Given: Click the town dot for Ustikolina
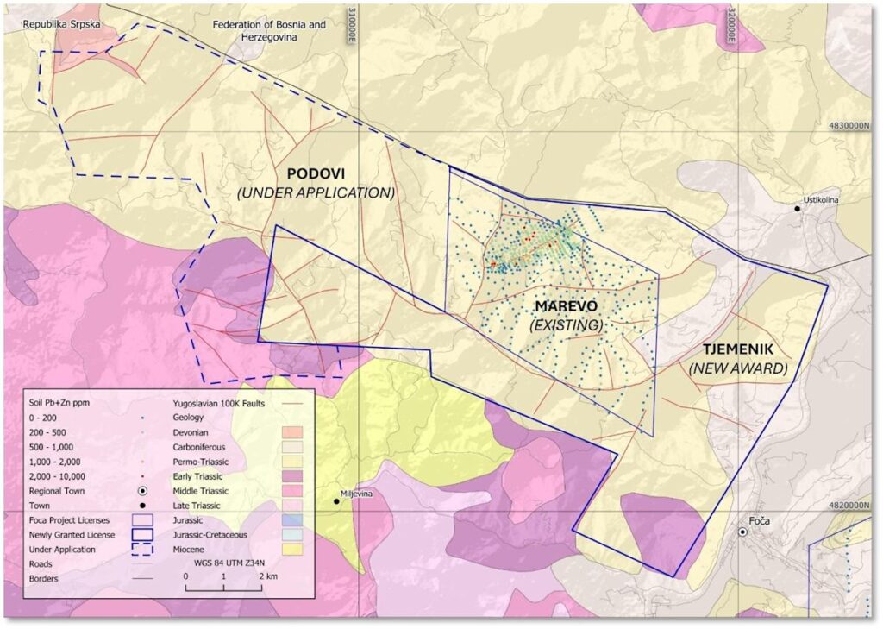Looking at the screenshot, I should click(x=798, y=209).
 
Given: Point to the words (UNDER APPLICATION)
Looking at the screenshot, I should click(x=316, y=192).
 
